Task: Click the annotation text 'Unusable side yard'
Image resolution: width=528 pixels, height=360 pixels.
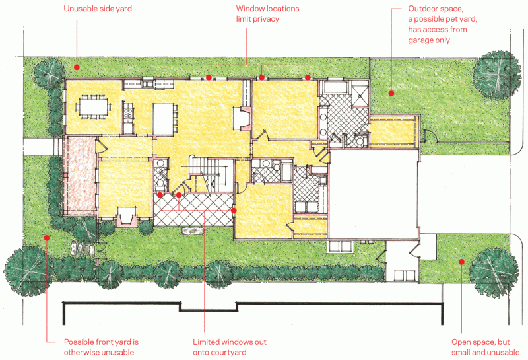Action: click(98, 9)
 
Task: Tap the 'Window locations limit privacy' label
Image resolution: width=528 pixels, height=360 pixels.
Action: click(267, 14)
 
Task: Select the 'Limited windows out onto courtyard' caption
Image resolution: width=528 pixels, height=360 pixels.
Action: click(230, 347)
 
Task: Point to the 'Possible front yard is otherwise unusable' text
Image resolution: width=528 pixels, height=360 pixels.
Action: click(102, 347)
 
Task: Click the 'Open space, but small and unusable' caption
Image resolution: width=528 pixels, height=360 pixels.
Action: click(485, 347)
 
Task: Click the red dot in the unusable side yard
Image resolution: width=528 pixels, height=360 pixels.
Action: click(77, 67)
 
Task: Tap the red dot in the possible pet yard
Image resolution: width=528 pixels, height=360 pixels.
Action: click(391, 93)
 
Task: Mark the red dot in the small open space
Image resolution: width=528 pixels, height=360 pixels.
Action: click(461, 262)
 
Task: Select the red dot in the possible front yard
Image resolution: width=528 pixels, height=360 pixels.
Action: click(47, 238)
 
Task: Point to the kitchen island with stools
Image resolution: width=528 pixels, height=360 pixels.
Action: click(164, 120)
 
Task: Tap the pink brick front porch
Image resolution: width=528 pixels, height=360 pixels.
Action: click(79, 176)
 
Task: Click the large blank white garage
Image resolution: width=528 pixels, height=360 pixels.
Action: click(374, 194)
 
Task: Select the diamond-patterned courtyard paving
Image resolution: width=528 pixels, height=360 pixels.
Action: click(193, 209)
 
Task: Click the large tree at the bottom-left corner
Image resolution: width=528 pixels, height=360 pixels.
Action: click(28, 271)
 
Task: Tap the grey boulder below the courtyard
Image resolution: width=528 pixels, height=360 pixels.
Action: click(192, 231)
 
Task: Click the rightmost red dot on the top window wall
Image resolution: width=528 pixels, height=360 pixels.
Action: click(308, 77)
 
